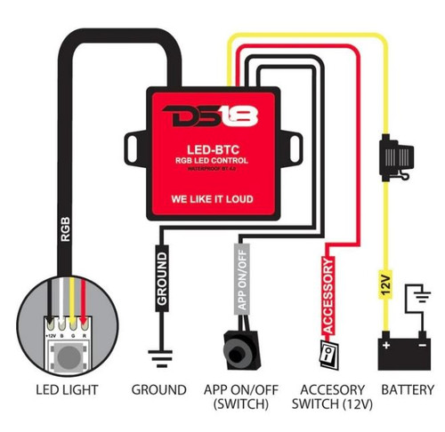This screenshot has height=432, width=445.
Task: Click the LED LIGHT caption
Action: (67, 390)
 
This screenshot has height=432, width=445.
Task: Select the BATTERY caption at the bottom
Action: (408, 390)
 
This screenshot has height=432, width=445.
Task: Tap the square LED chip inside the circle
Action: (69, 356)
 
